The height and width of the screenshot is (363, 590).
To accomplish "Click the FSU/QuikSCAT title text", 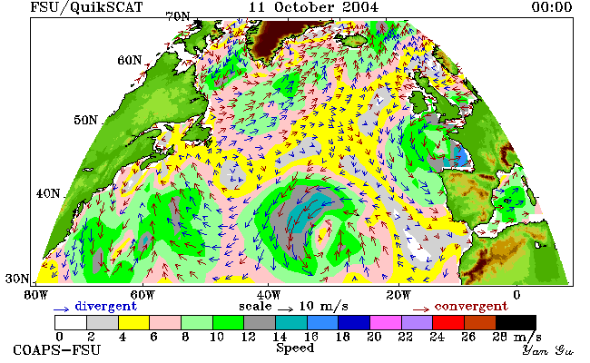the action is [86, 7].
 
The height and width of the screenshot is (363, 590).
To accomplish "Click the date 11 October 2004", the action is [313, 7].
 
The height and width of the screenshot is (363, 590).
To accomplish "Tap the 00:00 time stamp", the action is [552, 7].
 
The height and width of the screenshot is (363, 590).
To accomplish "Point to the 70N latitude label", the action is [178, 16].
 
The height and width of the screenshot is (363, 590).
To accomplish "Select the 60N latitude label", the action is [130, 60].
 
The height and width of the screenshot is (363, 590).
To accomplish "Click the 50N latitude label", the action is [85, 120].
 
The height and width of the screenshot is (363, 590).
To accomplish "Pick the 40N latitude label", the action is [48, 193].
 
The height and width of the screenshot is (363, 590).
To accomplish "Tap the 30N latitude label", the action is [17, 279].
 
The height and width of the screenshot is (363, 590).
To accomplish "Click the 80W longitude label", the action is [35, 295].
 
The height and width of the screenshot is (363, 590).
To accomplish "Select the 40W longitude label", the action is [269, 295].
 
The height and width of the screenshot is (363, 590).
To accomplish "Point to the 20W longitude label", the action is [398, 295].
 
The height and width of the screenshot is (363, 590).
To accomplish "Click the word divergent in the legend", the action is [105, 306].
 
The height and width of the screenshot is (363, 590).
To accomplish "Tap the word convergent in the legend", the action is [471, 306].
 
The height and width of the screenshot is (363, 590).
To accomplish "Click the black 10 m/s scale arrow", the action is [286, 309].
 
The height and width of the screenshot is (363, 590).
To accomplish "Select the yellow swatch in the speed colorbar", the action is [133, 323].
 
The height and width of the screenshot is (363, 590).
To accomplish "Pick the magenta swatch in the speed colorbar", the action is [385, 323].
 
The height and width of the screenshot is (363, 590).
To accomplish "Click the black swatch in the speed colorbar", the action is [516, 323].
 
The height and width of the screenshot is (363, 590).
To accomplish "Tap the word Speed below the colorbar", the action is [295, 348].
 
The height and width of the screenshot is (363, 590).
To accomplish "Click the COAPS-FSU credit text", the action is [57, 349].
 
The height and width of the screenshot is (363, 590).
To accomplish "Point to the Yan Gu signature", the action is [547, 350].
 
